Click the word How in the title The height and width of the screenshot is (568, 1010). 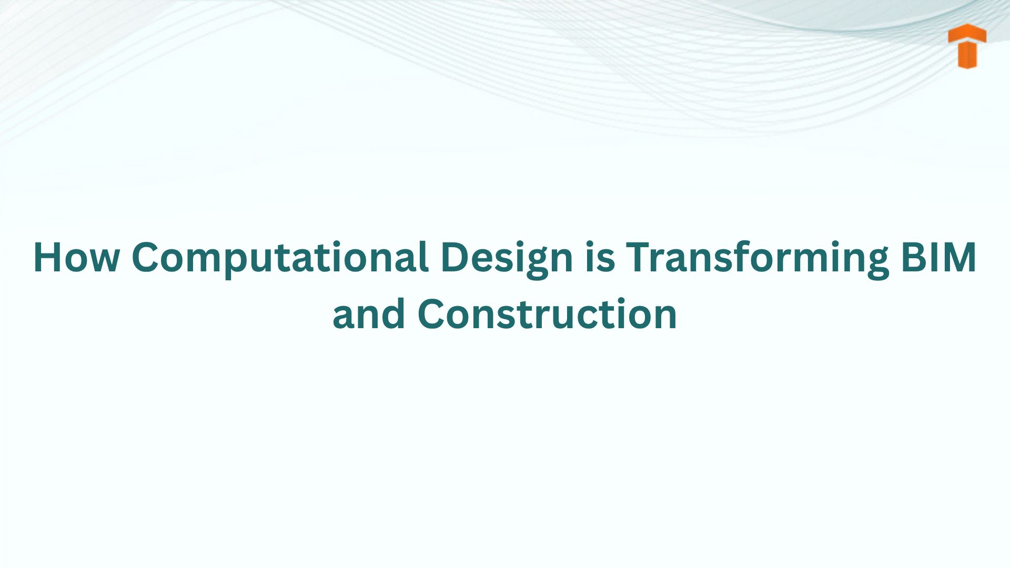76,257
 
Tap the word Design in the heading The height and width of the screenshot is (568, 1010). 507,257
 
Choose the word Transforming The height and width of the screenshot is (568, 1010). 757,257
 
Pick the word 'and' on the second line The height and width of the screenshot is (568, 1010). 369,314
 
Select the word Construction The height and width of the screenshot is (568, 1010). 547,314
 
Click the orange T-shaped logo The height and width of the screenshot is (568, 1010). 967,46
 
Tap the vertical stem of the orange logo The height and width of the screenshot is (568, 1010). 967,55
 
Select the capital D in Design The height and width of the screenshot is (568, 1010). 456,257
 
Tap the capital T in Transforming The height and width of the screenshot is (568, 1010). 639,257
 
